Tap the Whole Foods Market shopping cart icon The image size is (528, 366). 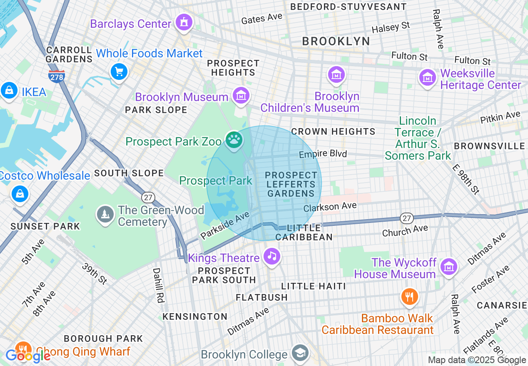[119, 72]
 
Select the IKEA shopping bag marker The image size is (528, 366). [9, 90]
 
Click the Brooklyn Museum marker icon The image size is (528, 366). [241, 96]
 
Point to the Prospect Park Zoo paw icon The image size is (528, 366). [234, 140]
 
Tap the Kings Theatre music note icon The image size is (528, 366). [272, 256]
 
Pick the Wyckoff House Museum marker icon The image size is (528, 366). [448, 267]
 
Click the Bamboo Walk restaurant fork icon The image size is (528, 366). [410, 297]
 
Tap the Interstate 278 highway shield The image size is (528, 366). [56, 76]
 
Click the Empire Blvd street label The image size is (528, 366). [323, 154]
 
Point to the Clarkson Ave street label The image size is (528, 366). [330, 206]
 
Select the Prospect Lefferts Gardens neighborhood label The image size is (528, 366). [291, 184]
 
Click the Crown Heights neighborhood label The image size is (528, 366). [333, 131]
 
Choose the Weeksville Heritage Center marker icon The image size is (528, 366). [427, 77]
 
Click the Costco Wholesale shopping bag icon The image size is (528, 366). [20, 193]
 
